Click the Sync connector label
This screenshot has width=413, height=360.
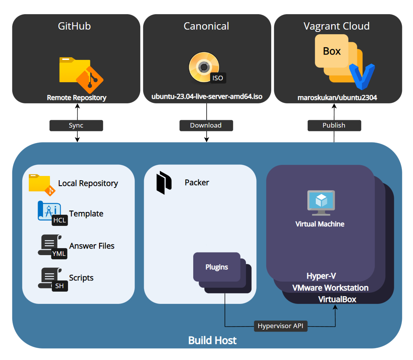click(76, 126)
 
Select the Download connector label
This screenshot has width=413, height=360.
click(206, 126)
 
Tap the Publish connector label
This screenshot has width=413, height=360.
click(334, 126)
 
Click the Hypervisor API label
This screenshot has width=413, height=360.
click(280, 326)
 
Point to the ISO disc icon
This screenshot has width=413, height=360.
click(204, 67)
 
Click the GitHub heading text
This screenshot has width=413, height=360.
click(74, 26)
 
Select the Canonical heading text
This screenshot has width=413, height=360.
click(206, 26)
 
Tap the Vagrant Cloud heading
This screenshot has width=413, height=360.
click(337, 26)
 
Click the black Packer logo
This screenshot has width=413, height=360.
click(163, 183)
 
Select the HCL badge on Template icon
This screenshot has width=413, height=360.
click(59, 220)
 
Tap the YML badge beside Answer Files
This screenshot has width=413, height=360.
click(59, 254)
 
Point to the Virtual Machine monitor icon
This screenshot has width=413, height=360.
click(321, 203)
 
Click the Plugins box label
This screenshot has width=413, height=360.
click(217, 267)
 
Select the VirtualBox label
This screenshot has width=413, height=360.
click(337, 299)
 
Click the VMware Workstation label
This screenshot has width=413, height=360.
click(330, 288)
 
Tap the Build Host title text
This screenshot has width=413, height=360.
click(212, 340)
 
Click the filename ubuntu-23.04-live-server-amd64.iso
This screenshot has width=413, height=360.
click(206, 96)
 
